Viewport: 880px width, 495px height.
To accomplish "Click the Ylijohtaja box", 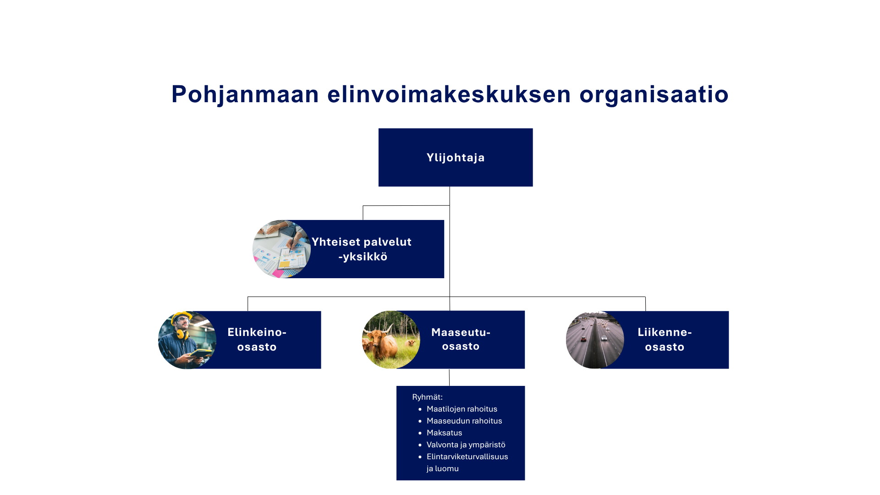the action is pyautogui.click(x=456, y=157).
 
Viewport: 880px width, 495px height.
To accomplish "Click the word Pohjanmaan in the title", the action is pyautogui.click(x=245, y=95).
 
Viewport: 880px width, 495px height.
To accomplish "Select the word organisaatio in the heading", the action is pyautogui.click(x=654, y=95).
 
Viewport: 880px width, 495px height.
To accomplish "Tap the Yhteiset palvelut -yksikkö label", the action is pyautogui.click(x=362, y=249).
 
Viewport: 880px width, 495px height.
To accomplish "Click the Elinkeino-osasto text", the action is pyautogui.click(x=257, y=340).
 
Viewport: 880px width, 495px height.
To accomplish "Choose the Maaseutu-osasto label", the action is pyautogui.click(x=461, y=339).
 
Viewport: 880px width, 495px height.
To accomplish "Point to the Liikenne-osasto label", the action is pyautogui.click(x=665, y=340).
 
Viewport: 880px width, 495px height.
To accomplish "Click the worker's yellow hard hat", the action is pyautogui.click(x=181, y=316).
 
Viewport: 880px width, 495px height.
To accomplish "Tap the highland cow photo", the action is pyautogui.click(x=391, y=340).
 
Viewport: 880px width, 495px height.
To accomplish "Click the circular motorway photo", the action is pyautogui.click(x=595, y=340).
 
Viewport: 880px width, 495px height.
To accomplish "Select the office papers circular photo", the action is pyautogui.click(x=281, y=249).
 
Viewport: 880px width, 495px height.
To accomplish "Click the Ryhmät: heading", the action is pyautogui.click(x=427, y=397).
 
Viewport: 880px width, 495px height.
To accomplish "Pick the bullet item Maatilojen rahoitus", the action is pyautogui.click(x=462, y=409).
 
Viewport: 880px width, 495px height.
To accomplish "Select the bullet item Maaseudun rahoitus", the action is pyautogui.click(x=464, y=421).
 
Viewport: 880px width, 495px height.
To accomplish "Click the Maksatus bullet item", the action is pyautogui.click(x=445, y=433).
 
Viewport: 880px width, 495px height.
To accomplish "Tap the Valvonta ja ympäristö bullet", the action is pyautogui.click(x=466, y=445).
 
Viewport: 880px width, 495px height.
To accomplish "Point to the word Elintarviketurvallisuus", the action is pyautogui.click(x=467, y=456).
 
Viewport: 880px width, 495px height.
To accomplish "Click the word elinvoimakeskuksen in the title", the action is pyautogui.click(x=449, y=95).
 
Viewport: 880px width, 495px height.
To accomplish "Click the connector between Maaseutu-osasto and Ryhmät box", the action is pyautogui.click(x=449, y=377).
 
